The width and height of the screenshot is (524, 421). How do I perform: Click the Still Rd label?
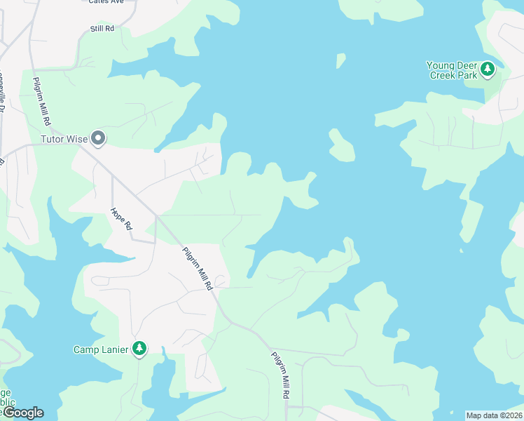pos(102,28)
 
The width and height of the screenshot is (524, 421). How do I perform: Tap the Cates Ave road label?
pos(106,2)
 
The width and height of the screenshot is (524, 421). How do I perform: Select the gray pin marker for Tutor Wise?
pos(99,139)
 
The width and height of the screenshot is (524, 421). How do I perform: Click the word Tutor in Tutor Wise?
pos(53,139)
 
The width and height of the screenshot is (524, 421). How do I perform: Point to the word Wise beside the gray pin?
pos(77,139)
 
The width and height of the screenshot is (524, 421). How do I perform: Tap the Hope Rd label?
pos(120,220)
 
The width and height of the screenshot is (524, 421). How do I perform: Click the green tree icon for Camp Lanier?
pos(139,348)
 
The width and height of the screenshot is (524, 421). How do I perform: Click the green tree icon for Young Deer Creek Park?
pos(488,69)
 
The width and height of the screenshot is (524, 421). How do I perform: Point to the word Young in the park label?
pos(441,65)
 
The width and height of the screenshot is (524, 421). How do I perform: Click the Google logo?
pos(22,413)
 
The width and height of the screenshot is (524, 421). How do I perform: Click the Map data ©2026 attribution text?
pos(494,415)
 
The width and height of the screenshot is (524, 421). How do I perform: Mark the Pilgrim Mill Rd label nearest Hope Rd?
pos(197,269)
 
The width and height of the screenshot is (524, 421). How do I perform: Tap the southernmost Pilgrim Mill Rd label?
pos(280,374)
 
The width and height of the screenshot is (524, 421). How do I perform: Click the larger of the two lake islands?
pos(341,145)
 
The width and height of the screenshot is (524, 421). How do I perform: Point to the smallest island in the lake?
pos(340,61)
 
